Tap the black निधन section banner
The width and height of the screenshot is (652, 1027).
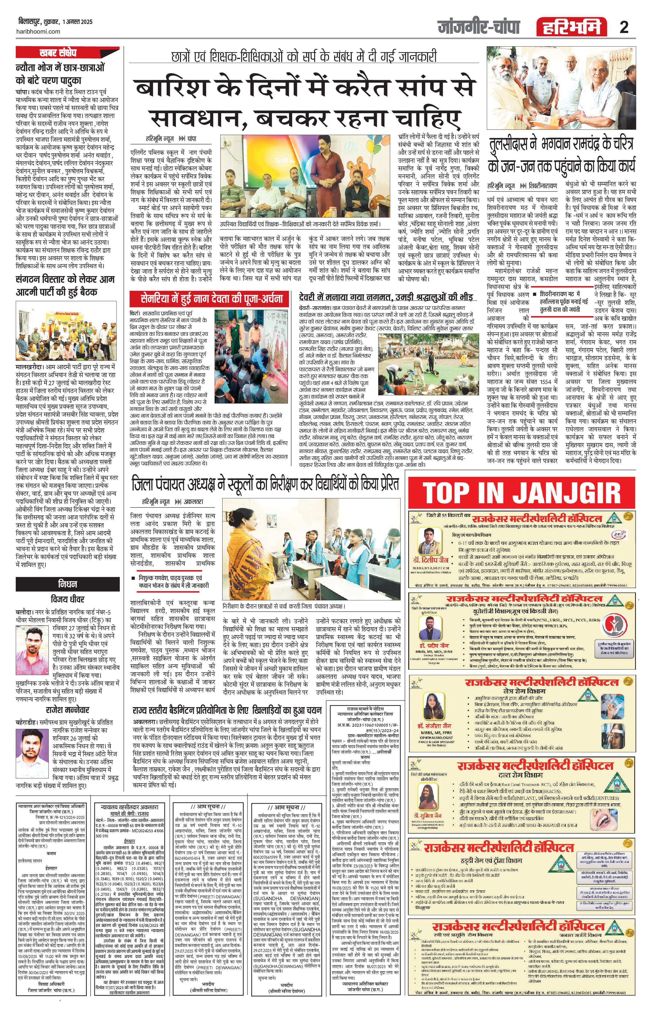(x=67, y=584)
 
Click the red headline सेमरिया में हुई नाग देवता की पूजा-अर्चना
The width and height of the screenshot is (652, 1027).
(x=212, y=298)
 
